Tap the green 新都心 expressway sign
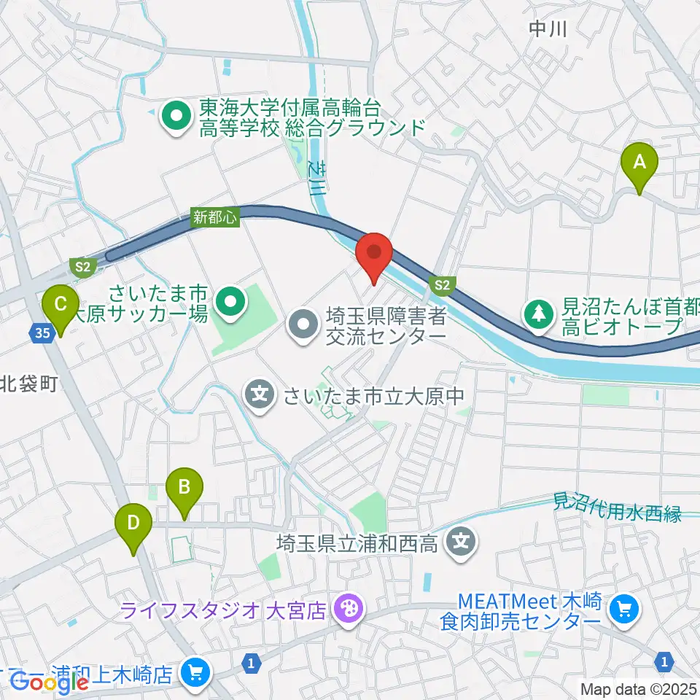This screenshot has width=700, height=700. point(216,217)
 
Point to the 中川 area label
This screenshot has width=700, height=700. point(548,29)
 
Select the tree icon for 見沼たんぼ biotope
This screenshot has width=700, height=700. point(539,313)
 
